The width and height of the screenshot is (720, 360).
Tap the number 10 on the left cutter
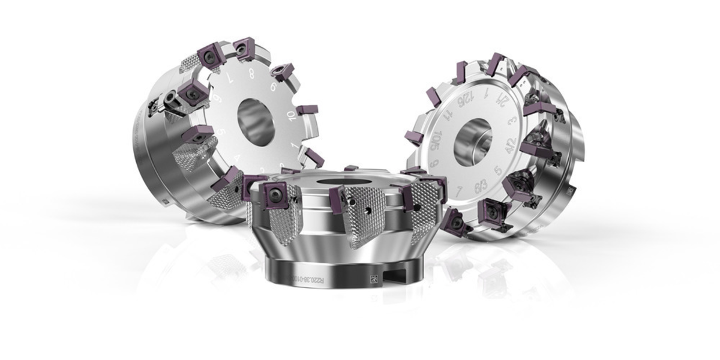point(291,115)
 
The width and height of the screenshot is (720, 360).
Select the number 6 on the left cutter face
point(274,88)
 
